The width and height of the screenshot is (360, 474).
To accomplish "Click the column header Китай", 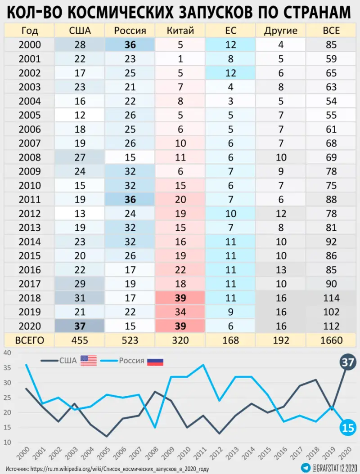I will click(x=180, y=31).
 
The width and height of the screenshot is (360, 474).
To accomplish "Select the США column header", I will click(x=80, y=31).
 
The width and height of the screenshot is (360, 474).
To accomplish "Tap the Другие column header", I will click(x=281, y=31).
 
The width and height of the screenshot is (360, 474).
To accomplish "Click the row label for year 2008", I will click(x=30, y=157).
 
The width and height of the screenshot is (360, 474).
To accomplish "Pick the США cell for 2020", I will click(x=80, y=326).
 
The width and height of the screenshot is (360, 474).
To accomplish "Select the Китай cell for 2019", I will click(x=180, y=312).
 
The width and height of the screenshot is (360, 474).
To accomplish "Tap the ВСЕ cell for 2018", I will click(x=331, y=298).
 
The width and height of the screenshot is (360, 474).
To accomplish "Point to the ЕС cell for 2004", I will click(x=230, y=101).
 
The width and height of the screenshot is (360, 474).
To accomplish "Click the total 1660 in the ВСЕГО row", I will click(x=331, y=340).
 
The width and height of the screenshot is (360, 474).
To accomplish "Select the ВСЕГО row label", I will click(x=30, y=340).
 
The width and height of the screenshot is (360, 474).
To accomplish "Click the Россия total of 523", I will click(x=130, y=340).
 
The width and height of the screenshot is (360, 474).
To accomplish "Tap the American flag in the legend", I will click(x=89, y=360).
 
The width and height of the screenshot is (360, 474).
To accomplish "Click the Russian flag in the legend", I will click(x=155, y=361).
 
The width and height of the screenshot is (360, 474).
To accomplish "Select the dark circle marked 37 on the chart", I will click(x=347, y=362).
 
